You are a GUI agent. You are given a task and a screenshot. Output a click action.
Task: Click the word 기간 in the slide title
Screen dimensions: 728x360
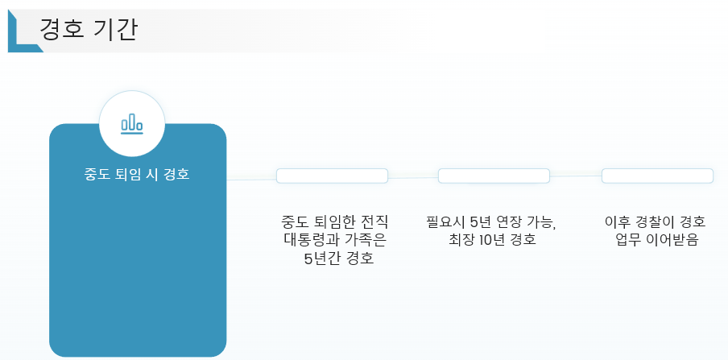114,30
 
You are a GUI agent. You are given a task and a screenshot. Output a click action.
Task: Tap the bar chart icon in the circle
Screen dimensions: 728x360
131,124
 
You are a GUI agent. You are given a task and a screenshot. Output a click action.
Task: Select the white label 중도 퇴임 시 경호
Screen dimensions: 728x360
137,174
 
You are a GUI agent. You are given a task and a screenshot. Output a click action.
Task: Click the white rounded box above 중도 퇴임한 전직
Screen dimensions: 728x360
332,176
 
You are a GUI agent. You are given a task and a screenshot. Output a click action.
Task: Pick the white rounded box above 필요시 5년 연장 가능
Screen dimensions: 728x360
494,176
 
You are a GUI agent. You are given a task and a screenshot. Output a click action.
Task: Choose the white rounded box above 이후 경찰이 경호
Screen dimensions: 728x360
657,176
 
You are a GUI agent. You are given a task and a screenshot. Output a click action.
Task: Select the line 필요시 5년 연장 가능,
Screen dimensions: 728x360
492,221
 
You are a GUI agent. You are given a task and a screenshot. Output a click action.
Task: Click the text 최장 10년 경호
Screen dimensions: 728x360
492,240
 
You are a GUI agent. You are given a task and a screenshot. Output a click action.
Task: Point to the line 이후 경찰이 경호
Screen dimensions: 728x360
655,221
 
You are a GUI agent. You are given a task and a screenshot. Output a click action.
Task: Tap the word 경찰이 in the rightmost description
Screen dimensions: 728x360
654,221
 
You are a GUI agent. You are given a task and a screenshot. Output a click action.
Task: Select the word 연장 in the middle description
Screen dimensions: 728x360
507,221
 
